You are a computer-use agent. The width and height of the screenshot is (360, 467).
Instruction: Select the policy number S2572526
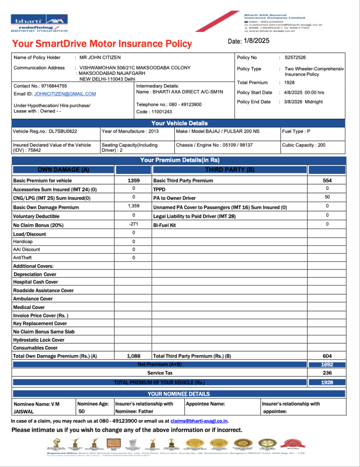tap(295, 58)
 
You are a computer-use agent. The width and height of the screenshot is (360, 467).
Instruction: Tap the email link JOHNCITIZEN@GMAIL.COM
tap(65, 94)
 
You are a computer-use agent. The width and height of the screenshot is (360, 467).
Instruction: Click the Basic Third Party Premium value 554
tap(327, 180)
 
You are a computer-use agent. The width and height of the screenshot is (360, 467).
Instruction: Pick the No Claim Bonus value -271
tap(134, 224)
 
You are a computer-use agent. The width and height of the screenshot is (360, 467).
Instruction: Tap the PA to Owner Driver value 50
tap(327, 198)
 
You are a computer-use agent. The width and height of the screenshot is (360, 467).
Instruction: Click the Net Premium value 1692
tap(327, 365)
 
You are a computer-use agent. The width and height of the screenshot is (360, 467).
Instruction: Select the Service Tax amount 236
tap(327, 373)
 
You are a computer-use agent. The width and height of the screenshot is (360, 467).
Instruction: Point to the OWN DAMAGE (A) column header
tap(63, 170)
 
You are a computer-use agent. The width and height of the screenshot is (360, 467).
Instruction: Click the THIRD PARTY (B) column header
tap(229, 170)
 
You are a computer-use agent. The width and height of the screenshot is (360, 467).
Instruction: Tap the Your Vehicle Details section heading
tap(179, 123)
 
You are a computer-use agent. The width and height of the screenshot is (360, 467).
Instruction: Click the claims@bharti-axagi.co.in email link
tap(199, 421)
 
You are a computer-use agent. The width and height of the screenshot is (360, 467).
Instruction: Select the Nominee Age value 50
tap(82, 412)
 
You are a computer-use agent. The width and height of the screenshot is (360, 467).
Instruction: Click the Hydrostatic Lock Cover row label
tap(39, 340)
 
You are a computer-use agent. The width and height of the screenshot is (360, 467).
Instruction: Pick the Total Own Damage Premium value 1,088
tap(134, 356)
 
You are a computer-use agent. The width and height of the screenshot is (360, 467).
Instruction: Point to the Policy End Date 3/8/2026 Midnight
tap(303, 102)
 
